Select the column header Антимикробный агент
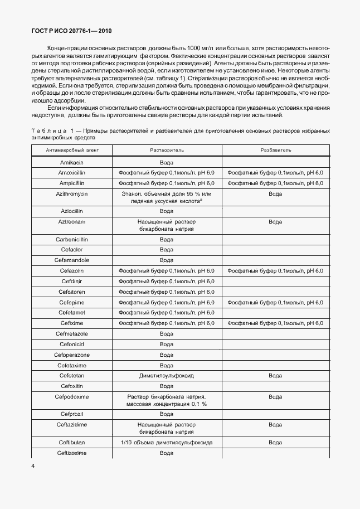pos(71,151)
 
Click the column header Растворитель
pos(166,151)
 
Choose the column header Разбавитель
pos(275,151)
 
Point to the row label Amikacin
pos(71,162)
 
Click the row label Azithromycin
pos(71,193)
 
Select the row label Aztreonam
pos(71,222)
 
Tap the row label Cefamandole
pos(71,260)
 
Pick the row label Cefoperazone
pos(71,355)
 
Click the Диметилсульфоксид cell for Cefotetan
pos(166,376)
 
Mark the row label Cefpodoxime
pos(71,397)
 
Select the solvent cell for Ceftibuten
pos(166,442)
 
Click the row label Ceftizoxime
pos(71,453)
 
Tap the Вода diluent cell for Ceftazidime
pos(275,424)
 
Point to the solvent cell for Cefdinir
pos(166,281)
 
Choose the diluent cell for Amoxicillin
pos(275,173)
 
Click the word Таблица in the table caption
pos(46,130)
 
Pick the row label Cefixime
pos(71,323)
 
